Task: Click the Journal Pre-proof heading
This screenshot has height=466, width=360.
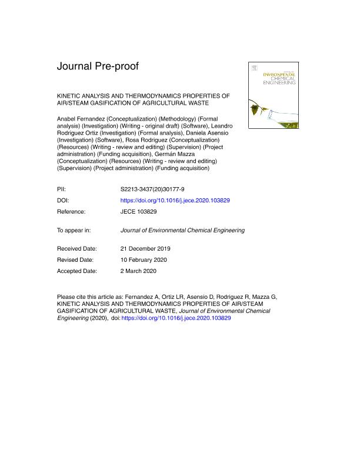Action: pos(98,66)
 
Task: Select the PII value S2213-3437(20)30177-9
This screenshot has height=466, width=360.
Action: pos(152,190)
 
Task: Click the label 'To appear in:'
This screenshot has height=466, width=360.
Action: pos(74,229)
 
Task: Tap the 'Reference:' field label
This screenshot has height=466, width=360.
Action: pos(71,210)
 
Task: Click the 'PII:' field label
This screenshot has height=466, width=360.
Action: pos(62,190)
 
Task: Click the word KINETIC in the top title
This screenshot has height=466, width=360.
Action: pos(69,95)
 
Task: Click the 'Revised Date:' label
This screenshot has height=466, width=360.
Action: pos(76,259)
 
